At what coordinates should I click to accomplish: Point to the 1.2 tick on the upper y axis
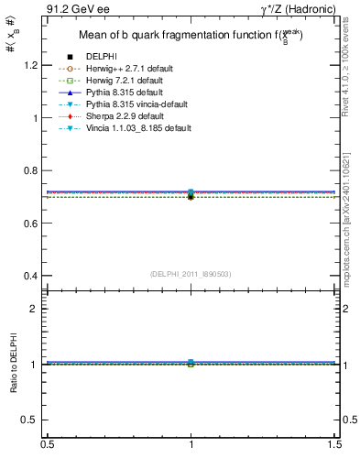(32, 66)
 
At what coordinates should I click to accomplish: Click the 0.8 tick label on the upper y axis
(32, 171)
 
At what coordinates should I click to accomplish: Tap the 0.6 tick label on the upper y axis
(32, 224)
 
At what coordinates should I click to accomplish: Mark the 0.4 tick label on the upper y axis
(32, 276)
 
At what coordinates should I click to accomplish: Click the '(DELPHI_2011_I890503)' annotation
(191, 275)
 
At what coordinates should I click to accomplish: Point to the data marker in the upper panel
(191, 194)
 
